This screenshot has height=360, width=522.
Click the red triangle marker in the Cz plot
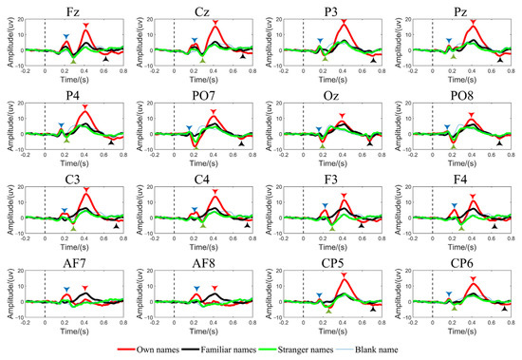point(215,21)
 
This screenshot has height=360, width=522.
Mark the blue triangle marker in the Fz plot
point(65,37)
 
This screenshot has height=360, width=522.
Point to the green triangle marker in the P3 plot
point(325,59)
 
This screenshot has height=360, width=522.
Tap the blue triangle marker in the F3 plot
point(324,205)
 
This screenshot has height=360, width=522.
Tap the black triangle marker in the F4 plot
point(494,226)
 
